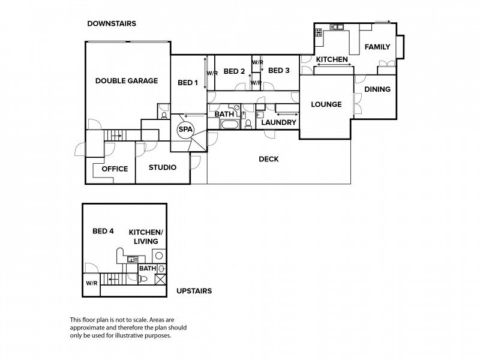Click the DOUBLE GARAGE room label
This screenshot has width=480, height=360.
pos(127,81)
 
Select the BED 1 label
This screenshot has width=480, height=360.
pos(188,83)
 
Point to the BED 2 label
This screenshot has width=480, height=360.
pos(234,71)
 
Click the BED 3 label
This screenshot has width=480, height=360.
pos(278,70)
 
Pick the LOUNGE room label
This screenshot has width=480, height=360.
pos(326,104)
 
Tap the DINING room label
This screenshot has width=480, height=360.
pos(377,89)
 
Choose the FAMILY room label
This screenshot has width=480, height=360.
pos(377,47)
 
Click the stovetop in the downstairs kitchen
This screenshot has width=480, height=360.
pos(319,32)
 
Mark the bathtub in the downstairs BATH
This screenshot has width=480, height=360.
pos(230,124)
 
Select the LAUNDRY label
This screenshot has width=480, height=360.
pos(278,122)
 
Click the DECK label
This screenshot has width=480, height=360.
pos(268,159)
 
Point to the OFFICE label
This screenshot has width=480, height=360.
pos(115,169)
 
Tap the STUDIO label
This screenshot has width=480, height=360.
pos(163,167)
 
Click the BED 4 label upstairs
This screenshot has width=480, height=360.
pos(103,231)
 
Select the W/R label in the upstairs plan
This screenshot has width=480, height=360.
pos(92,283)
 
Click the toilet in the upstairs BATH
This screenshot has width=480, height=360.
pos(142,279)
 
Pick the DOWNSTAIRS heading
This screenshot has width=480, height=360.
pos(112,23)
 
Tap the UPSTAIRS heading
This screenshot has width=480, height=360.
pos(194,291)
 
